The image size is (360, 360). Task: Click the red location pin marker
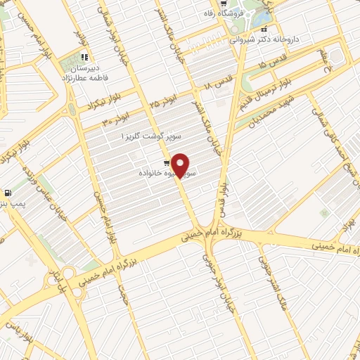tap(181, 165)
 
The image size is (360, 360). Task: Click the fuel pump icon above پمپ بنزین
tap(8, 193)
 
